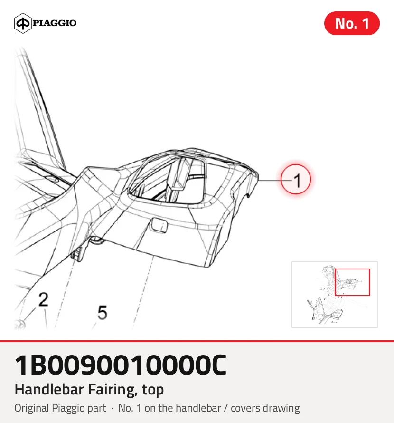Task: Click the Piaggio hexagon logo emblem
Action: (23, 23)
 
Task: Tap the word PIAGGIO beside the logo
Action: (55, 23)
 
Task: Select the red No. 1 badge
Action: (352, 23)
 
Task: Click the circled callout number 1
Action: (296, 179)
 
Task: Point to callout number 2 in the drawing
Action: (43, 299)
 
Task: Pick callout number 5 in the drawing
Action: (102, 313)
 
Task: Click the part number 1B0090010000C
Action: (121, 365)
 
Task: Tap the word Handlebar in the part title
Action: (49, 389)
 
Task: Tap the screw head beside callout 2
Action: (20, 324)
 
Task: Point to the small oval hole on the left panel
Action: (51, 178)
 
